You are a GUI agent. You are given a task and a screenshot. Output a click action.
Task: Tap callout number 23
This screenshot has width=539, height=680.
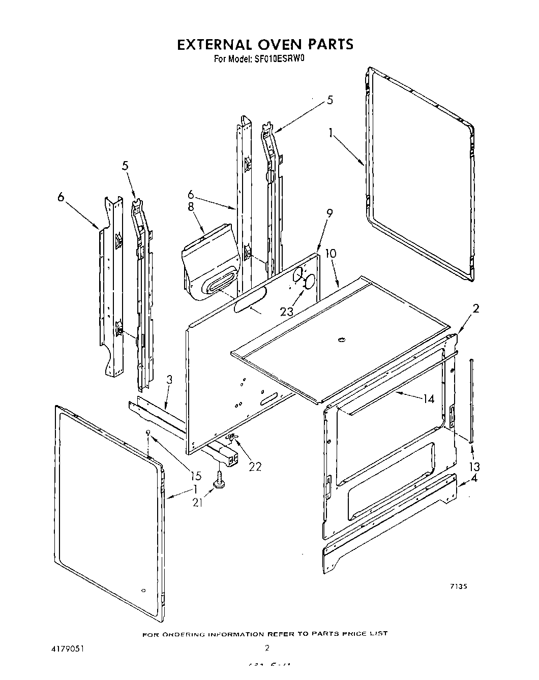(x=287, y=312)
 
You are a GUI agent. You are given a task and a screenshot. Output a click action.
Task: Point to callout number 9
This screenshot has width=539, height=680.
(x=330, y=214)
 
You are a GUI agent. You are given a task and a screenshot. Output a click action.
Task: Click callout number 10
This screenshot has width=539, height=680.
(x=331, y=253)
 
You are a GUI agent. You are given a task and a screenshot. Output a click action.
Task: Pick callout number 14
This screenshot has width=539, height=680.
(x=428, y=399)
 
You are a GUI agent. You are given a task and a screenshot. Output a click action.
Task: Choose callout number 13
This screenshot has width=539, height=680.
(x=475, y=466)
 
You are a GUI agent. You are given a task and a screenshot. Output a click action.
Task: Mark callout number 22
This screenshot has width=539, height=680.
(x=255, y=466)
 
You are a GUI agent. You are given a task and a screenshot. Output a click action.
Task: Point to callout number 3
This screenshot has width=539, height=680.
(x=169, y=380)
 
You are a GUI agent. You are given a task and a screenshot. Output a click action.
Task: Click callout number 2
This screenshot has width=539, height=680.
(x=475, y=308)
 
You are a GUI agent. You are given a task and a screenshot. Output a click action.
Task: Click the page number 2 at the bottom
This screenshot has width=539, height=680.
(x=266, y=648)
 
